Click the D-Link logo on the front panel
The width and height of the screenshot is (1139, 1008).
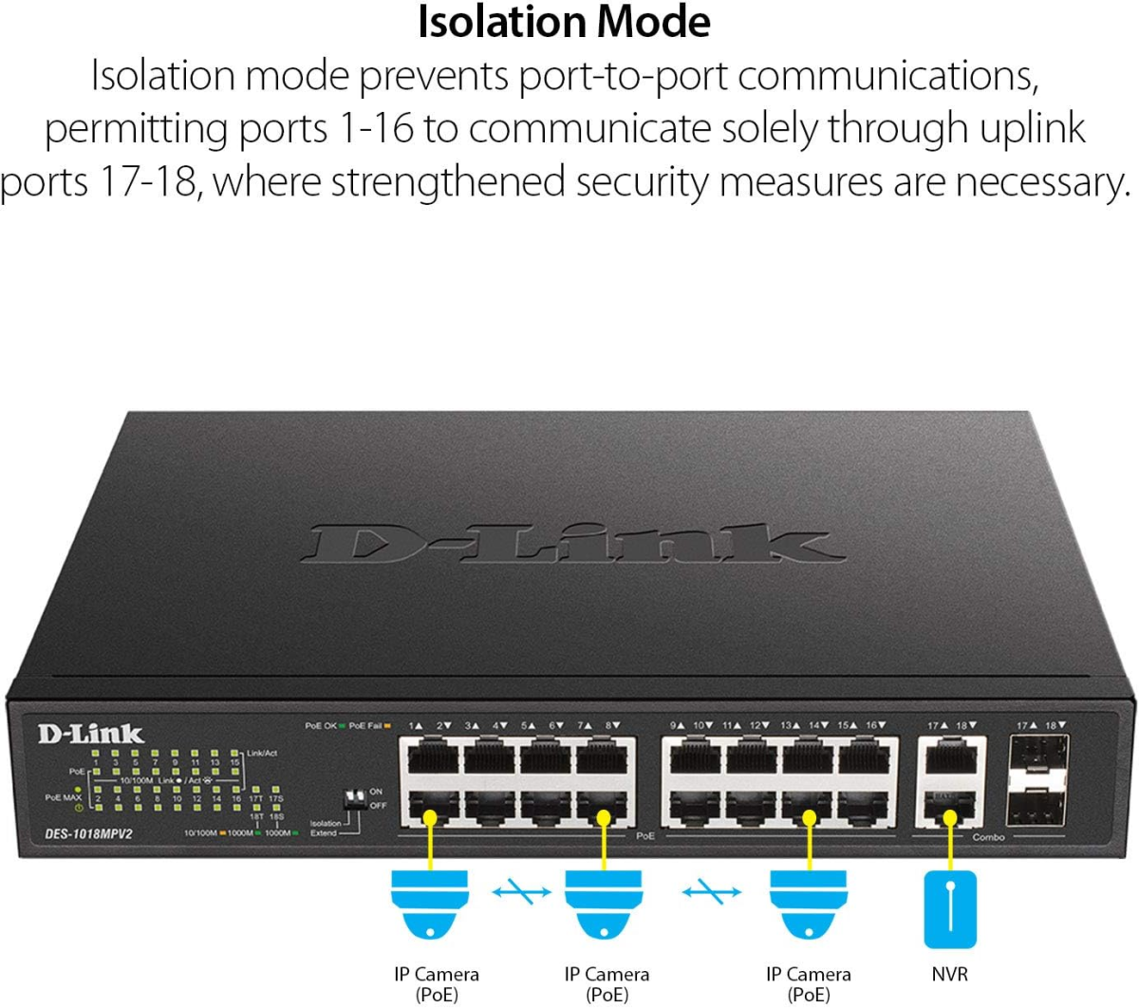click(90, 733)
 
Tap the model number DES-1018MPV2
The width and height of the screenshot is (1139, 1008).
click(87, 833)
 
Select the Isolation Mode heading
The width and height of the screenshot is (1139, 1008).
click(564, 23)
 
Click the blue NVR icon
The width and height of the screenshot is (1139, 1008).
click(950, 908)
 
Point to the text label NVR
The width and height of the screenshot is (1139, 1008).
click(950, 975)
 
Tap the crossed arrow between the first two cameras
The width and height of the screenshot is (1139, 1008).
click(520, 891)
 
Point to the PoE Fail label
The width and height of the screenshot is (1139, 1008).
click(364, 726)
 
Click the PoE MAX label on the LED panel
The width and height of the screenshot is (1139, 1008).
click(63, 797)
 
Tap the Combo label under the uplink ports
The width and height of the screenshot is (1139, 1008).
click(988, 837)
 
